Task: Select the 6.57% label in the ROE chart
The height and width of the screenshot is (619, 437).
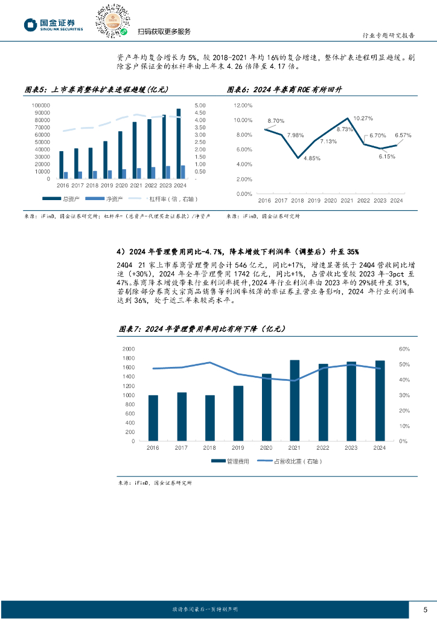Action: point(403,135)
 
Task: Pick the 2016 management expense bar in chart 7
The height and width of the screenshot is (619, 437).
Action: point(153,418)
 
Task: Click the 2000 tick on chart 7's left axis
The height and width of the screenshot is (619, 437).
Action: point(129,349)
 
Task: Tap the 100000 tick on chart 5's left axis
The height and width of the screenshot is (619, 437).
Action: point(41,105)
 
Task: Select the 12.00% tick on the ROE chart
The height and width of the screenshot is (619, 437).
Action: point(243,105)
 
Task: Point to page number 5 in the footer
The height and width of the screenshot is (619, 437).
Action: point(425,608)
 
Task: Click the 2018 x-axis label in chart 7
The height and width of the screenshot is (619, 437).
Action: point(209,448)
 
